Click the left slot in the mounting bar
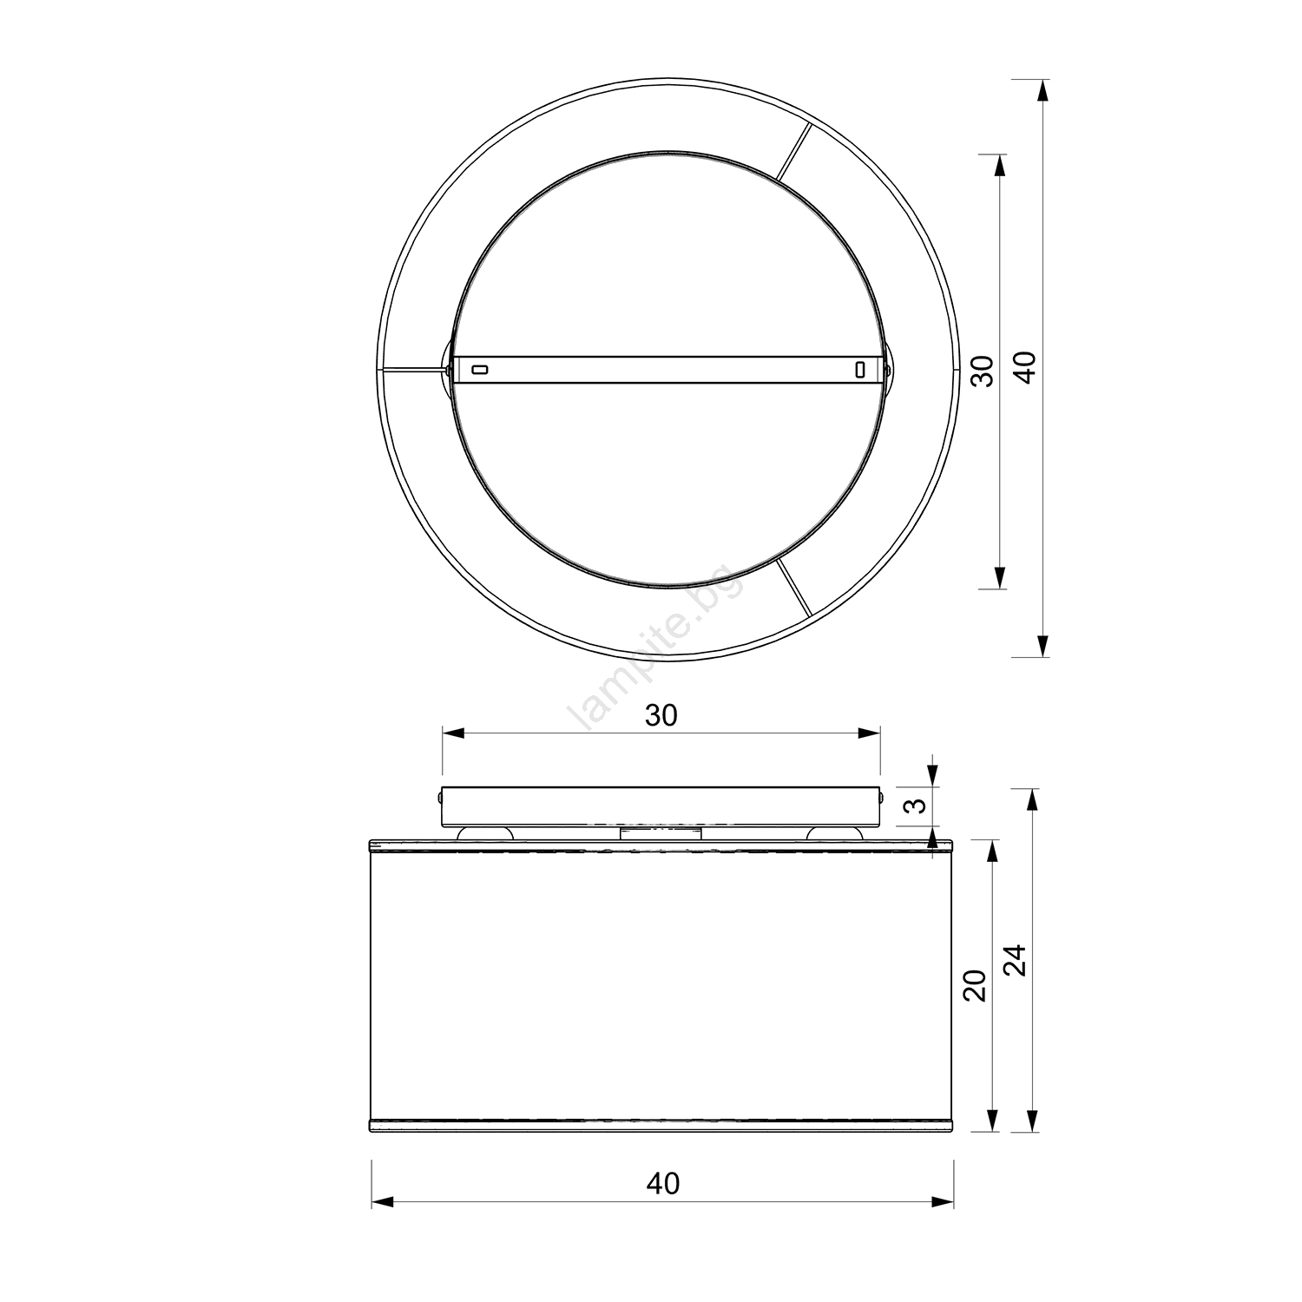(479, 370)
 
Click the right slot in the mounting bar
(859, 370)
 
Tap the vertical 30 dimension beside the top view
(982, 372)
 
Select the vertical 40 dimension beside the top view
(1026, 367)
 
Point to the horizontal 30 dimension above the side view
(661, 714)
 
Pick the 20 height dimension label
(976, 985)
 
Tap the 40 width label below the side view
(663, 1183)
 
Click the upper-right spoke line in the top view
(794, 152)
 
